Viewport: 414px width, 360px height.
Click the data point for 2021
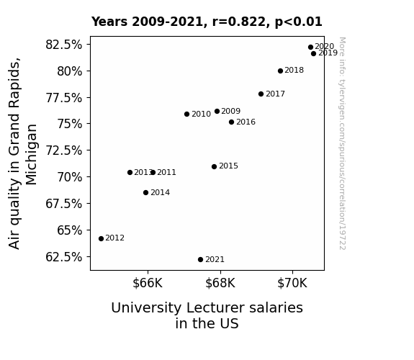click(x=200, y=260)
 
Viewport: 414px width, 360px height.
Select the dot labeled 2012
click(x=101, y=238)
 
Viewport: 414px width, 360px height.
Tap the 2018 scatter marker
click(x=280, y=71)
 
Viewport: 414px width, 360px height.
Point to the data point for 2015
click(x=214, y=166)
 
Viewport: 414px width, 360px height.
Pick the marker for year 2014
click(x=145, y=192)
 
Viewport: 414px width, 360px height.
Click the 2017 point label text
click(x=275, y=94)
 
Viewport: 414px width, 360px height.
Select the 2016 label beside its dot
click(x=246, y=122)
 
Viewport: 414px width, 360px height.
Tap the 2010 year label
click(x=201, y=114)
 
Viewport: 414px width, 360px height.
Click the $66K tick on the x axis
click(x=148, y=283)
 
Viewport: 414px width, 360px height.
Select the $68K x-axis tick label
click(x=220, y=283)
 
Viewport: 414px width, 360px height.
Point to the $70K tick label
click(x=292, y=283)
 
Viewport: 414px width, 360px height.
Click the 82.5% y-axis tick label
click(x=63, y=45)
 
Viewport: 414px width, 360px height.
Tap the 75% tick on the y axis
click(x=70, y=124)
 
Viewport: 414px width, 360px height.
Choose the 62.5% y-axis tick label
click(x=63, y=257)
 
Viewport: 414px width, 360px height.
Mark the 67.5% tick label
click(x=63, y=204)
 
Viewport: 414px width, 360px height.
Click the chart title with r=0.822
click(x=207, y=22)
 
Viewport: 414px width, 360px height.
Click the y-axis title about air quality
click(x=23, y=153)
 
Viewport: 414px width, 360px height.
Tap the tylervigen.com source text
click(x=342, y=143)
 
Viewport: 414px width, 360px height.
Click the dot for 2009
click(x=217, y=111)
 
